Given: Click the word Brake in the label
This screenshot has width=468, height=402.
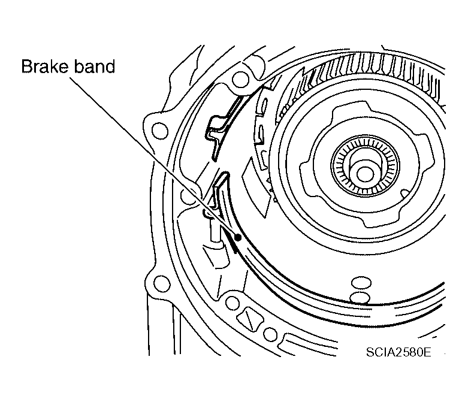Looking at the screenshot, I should point(43,66).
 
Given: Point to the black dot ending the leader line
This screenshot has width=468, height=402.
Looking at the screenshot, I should point(238,237).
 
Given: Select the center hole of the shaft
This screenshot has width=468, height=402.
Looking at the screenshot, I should point(364,172).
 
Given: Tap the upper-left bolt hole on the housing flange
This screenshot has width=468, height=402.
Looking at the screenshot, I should point(159,129).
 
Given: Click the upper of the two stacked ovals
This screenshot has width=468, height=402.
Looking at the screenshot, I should point(362,282).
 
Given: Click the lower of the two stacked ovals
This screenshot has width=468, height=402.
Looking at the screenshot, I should point(361,297).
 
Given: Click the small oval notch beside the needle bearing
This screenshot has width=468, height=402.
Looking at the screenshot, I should point(406,192).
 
